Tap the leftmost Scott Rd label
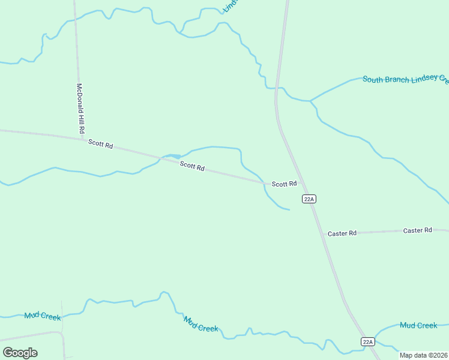coord(100,144)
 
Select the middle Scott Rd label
coord(193,166)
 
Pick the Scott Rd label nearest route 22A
coord(284,184)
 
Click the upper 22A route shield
coord(309,199)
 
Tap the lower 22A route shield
coord(368,341)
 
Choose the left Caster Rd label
coord(342,233)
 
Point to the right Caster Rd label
coord(418,230)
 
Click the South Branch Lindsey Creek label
coord(405,79)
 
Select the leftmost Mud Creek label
coord(42,316)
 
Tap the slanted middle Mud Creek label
coord(200,324)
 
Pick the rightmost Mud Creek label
coord(418,325)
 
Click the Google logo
coord(20,353)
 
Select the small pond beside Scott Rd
coord(175,156)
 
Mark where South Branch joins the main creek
coord(311,101)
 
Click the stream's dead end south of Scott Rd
coord(289,209)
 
